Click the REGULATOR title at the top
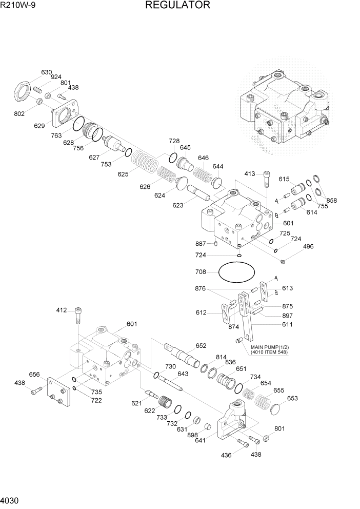click(x=177, y=6)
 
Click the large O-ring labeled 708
click(x=236, y=272)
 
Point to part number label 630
click(x=47, y=72)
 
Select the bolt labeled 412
click(x=78, y=316)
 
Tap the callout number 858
click(x=332, y=201)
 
